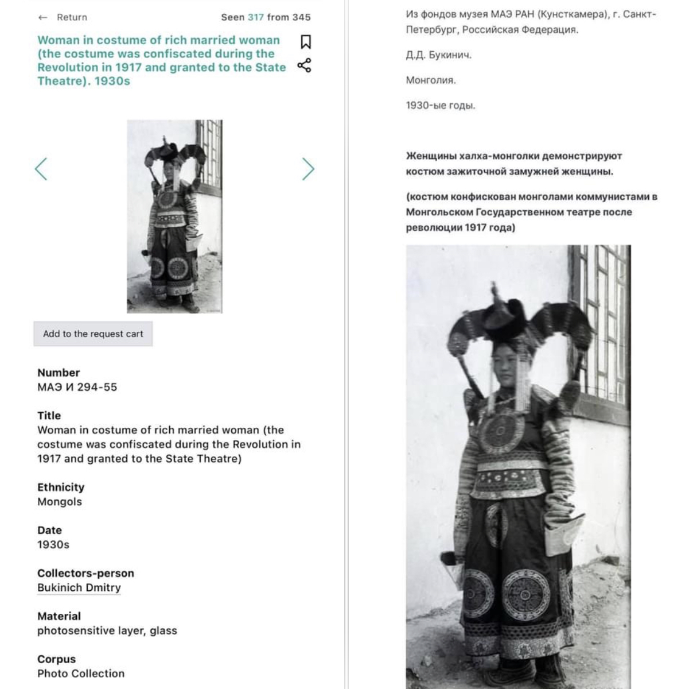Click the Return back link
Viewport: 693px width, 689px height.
63,17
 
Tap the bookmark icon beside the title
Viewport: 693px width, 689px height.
306,42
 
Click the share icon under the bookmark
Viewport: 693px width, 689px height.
304,65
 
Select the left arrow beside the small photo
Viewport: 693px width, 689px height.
41,169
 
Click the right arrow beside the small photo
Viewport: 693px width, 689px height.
308,169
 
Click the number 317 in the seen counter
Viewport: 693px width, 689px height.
256,17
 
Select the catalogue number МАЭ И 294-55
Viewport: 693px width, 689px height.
77,387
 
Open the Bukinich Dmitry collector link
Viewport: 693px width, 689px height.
79,587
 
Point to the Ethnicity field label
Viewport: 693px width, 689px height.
61,487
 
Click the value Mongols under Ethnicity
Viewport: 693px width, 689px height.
60,501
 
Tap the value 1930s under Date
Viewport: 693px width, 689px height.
53,545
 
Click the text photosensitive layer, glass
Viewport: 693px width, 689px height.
107,630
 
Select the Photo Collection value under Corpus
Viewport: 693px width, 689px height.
81,673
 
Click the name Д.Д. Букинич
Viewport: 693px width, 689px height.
439,55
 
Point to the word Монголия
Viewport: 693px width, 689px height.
431,80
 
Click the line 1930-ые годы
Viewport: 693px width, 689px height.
441,106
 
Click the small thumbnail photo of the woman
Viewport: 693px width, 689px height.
174,216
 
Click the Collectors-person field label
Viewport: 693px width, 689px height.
85,573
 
